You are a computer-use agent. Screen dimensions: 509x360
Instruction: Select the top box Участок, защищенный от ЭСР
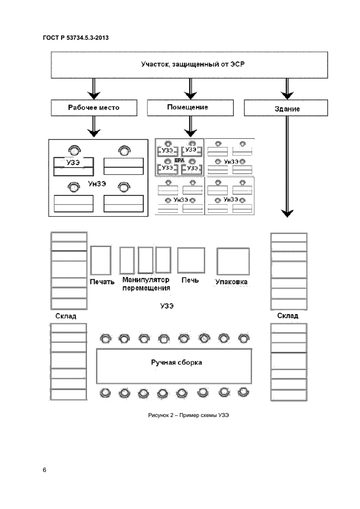[x=189, y=65]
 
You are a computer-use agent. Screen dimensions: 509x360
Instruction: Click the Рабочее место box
[x=94, y=108]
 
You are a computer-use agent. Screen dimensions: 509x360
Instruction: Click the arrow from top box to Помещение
[x=189, y=89]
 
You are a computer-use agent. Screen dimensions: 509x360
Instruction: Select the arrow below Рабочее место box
[x=94, y=127]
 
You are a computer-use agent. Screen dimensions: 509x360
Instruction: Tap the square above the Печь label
[x=191, y=261]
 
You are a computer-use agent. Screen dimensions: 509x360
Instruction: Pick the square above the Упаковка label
[x=233, y=261]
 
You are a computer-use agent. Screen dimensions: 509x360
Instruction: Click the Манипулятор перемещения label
[x=146, y=284]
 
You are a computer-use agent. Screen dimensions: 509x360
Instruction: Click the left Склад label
[x=66, y=316]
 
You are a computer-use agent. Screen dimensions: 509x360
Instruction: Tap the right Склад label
[x=288, y=316]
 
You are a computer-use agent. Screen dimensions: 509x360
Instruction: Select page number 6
[x=44, y=469]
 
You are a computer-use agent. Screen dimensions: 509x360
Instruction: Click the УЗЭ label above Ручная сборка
[x=167, y=306]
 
